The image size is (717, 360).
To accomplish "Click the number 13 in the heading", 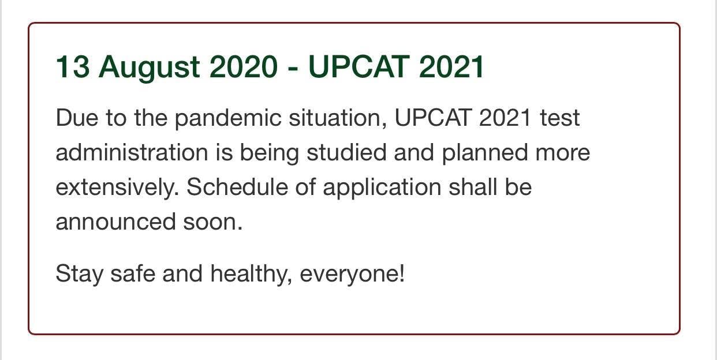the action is point(73,66).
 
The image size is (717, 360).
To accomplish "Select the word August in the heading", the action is point(150,69).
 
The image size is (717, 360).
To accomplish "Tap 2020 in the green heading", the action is point(243,66).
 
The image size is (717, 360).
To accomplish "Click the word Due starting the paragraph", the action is point(77,118).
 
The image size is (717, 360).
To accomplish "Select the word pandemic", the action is point(228,119).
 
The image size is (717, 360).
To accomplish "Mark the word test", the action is point(560,118).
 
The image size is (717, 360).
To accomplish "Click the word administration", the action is point(132,152).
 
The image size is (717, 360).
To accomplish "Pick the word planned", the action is point(485,153).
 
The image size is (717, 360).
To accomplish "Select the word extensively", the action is point(117,188).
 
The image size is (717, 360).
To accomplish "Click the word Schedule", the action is point(237,186).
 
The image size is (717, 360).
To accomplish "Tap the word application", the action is point(382,189).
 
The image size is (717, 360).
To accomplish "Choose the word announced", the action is point(116,222).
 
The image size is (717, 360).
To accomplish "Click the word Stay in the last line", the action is point(80,275).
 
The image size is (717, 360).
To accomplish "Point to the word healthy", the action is point(251,275).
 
